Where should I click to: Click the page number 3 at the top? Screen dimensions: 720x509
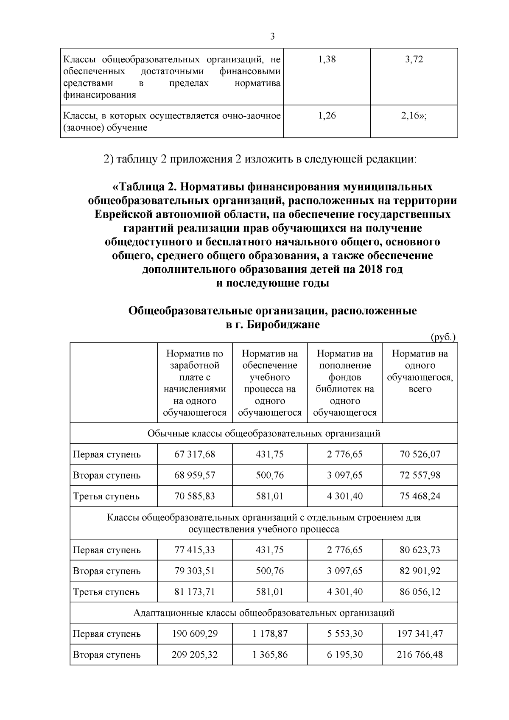click(272, 36)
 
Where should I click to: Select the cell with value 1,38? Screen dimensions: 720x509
click(327, 59)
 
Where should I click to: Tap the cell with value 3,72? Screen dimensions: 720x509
click(414, 59)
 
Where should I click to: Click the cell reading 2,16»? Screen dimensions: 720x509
click(414, 115)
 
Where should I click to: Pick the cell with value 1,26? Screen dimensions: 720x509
click(327, 115)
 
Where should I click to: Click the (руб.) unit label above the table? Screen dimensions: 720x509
click(443, 337)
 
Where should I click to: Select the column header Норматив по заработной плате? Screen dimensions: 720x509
click(195, 383)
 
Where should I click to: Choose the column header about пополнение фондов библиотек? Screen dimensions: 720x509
click(345, 383)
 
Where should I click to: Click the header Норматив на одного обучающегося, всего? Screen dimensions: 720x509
click(420, 371)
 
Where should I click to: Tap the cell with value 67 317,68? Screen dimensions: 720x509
click(195, 454)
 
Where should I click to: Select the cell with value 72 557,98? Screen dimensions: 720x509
click(420, 475)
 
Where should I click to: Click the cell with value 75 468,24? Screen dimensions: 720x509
click(420, 496)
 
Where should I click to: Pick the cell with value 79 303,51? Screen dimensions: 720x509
click(195, 571)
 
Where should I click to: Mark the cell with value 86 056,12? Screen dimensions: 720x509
click(420, 591)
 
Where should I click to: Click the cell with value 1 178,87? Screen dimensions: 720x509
click(270, 634)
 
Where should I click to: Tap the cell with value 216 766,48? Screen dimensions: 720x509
click(420, 655)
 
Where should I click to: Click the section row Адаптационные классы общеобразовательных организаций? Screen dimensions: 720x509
click(264, 613)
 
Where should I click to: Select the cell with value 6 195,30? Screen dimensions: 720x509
click(345, 655)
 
